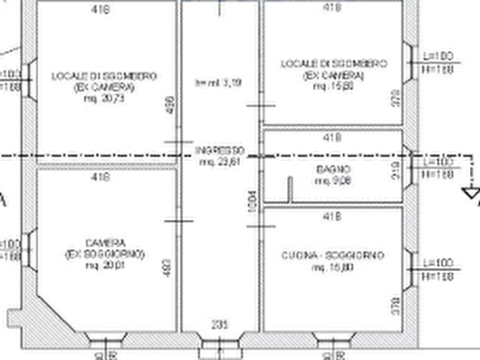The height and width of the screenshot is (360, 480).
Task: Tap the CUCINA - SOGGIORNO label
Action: pyautogui.click(x=333, y=256)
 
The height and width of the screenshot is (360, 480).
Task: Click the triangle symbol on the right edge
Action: pyautogui.click(x=471, y=192)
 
